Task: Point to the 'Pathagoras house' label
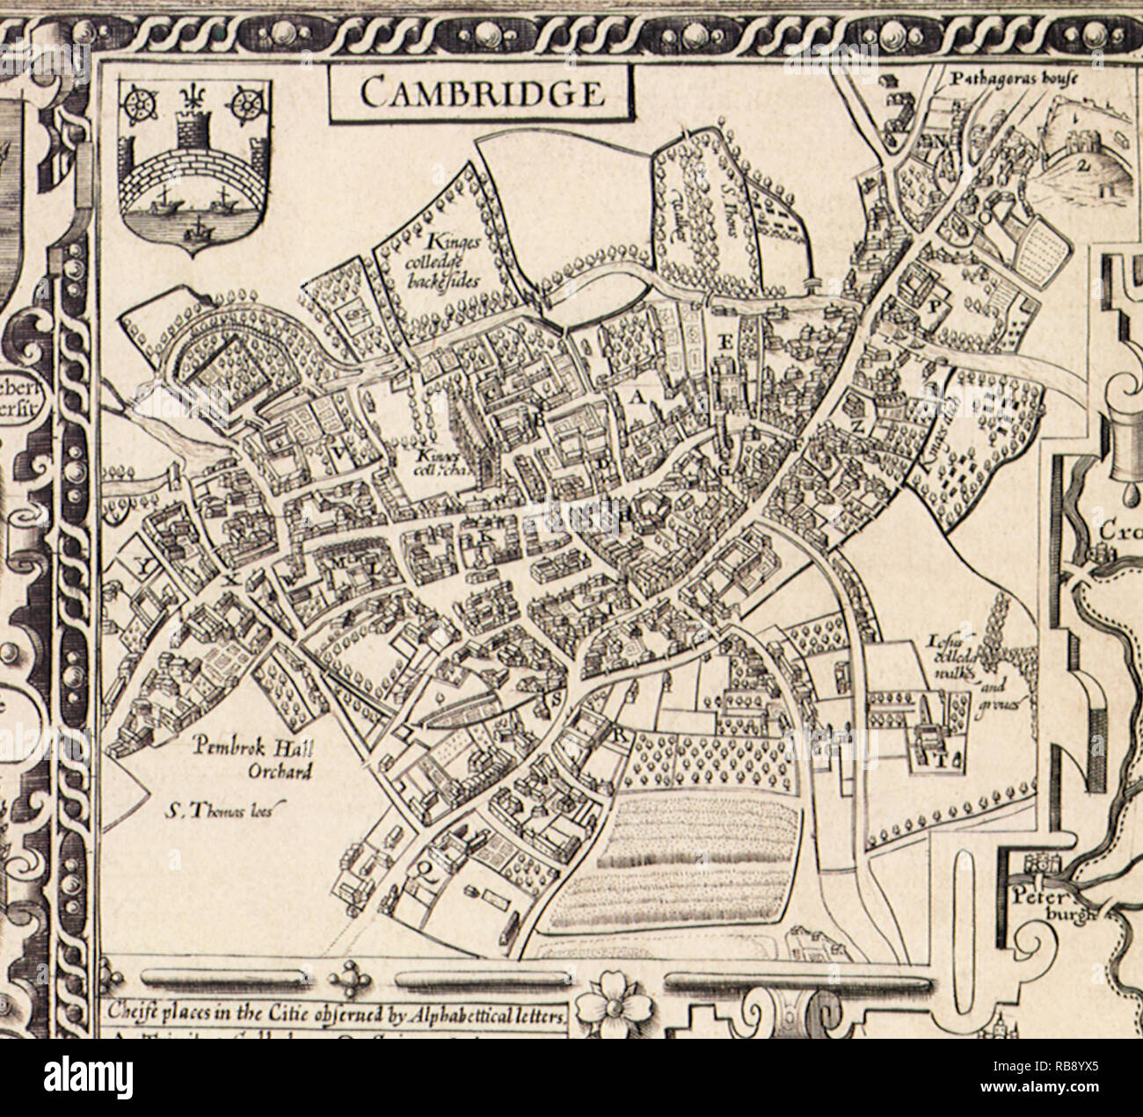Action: coord(1001,78)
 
